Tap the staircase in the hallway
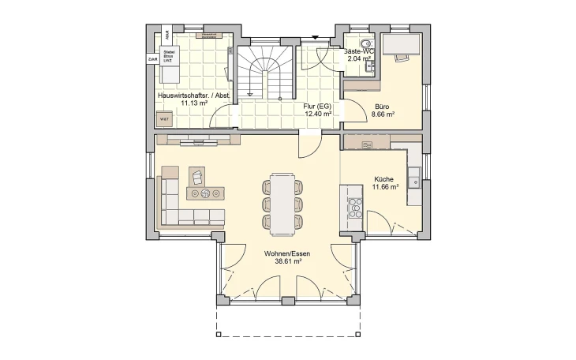pos(264,72)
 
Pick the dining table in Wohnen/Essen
pos(282,201)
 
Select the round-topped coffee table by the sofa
pos(205,193)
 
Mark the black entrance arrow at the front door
pos(314,36)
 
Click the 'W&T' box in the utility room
pos(165,119)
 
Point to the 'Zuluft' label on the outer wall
pos(151,59)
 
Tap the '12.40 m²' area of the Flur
pos(317,114)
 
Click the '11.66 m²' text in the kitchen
pos(384,188)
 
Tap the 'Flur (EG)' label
pos(316,105)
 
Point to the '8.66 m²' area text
pos(383,114)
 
